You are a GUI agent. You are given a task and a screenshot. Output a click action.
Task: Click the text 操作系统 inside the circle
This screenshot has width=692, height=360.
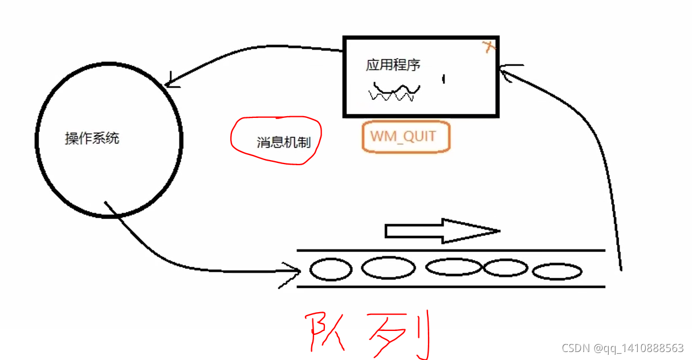pyautogui.click(x=92, y=138)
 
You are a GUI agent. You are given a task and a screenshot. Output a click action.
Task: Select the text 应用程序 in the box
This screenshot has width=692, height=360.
pyautogui.click(x=393, y=65)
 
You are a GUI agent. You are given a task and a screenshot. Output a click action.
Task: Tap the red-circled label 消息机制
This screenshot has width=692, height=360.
pyautogui.click(x=283, y=142)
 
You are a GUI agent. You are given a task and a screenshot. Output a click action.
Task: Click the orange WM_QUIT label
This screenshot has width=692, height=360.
pyautogui.click(x=405, y=137)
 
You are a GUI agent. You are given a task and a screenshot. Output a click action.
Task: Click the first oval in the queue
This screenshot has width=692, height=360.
pyautogui.click(x=331, y=269)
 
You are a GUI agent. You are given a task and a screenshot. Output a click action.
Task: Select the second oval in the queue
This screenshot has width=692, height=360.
pyautogui.click(x=389, y=268)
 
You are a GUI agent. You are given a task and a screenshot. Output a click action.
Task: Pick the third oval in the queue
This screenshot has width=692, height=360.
pyautogui.click(x=454, y=267)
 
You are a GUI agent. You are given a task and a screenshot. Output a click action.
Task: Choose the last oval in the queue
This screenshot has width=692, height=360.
pyautogui.click(x=557, y=271)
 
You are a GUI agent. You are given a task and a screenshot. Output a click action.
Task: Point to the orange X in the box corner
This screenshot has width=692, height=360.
pyautogui.click(x=489, y=47)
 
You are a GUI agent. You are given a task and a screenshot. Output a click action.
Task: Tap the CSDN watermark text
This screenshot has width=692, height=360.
pyautogui.click(x=622, y=348)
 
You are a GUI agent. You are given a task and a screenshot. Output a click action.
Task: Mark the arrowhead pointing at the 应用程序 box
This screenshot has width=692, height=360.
pyautogui.click(x=506, y=69)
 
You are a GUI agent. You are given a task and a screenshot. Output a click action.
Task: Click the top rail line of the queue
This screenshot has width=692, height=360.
pyautogui.click(x=450, y=250)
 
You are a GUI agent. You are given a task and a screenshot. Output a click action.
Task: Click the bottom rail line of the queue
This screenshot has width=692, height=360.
pyautogui.click(x=450, y=286)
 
